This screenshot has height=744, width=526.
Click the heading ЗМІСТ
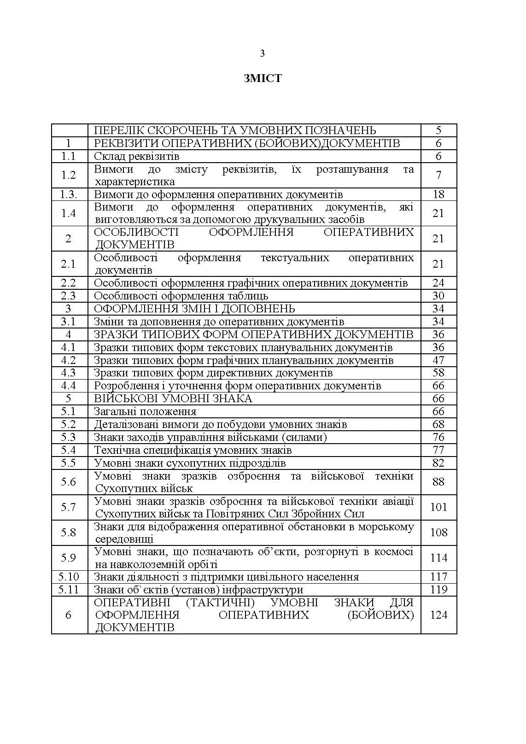click(263, 78)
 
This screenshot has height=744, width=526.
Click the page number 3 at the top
click(263, 53)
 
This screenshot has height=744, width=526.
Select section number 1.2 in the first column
click(69, 175)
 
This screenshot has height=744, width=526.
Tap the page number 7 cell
click(438, 175)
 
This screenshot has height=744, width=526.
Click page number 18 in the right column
click(438, 194)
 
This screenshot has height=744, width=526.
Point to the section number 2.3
click(69, 296)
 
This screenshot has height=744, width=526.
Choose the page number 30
click(438, 296)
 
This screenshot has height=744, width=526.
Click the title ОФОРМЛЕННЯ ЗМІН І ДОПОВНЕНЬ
click(194, 309)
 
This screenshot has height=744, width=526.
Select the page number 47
click(438, 360)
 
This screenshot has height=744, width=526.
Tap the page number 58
click(438, 373)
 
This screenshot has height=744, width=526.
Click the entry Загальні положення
click(145, 411)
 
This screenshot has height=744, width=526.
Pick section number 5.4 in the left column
click(69, 450)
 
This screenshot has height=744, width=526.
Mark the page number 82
click(438, 463)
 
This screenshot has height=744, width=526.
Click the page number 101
click(438, 507)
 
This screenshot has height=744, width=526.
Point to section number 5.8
click(69, 533)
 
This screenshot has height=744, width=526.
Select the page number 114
click(438, 558)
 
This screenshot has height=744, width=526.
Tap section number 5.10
click(69, 577)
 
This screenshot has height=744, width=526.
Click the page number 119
click(438, 590)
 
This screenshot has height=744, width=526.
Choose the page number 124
click(438, 615)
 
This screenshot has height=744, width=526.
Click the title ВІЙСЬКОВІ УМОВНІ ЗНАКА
click(173, 398)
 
